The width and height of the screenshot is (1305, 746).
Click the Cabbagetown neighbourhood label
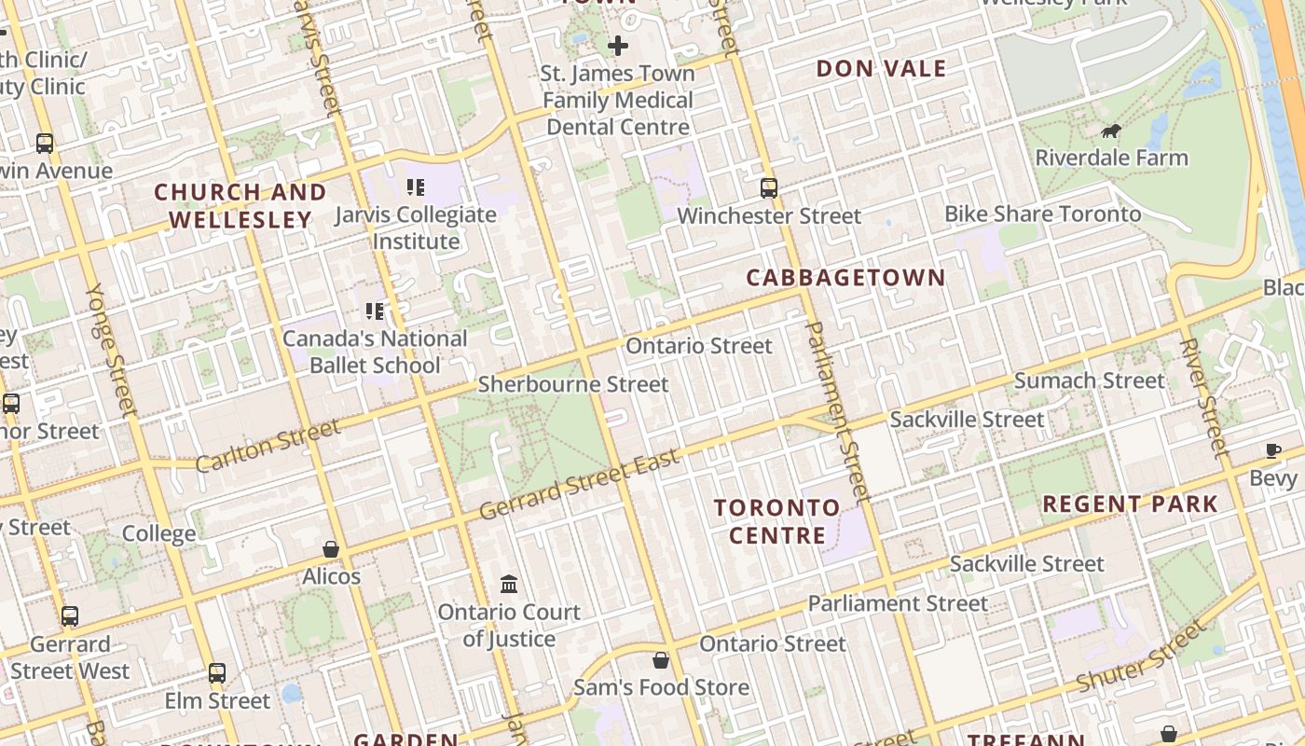click(845, 278)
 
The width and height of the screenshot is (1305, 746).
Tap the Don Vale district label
click(881, 69)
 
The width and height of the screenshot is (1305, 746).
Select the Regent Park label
click(1130, 504)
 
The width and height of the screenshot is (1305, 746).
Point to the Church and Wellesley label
click(240, 206)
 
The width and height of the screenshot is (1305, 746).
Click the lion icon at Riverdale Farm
click(1110, 131)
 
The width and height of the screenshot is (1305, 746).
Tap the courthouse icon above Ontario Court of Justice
click(509, 585)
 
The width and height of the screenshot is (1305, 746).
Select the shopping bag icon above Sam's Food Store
click(661, 660)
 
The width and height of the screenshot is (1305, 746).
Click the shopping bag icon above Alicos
click(331, 549)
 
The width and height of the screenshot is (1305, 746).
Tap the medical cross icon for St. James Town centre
click(617, 45)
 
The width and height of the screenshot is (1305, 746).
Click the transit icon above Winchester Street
click(769, 188)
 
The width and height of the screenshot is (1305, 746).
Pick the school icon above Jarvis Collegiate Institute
click(416, 186)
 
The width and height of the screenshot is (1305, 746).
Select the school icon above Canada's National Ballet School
click(375, 311)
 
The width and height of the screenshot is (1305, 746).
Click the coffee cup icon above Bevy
click(1273, 451)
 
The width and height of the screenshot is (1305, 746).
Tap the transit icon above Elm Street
click(217, 672)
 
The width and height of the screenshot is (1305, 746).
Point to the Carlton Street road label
click(268, 446)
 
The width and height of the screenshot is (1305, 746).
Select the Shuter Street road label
click(1140, 658)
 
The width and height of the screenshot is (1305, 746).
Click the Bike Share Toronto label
click(1042, 214)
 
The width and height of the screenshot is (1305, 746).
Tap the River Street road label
click(1203, 396)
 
